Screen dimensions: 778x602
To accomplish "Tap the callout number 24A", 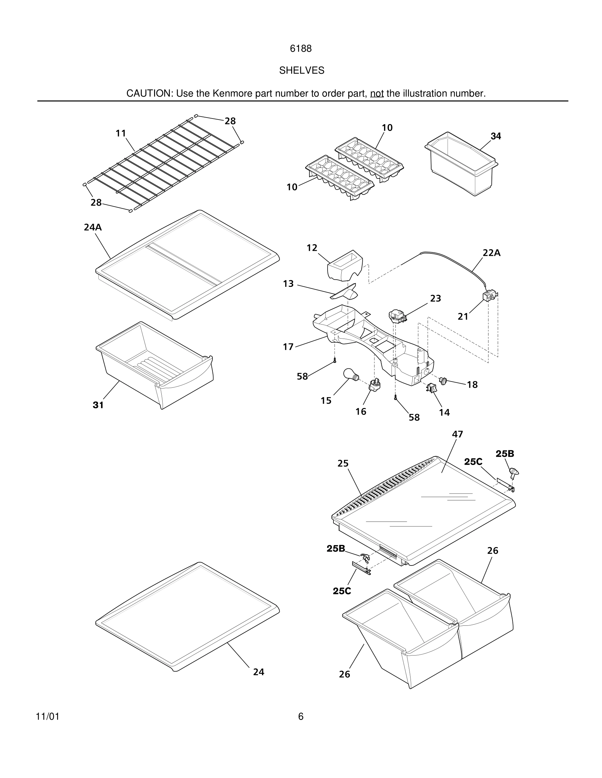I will [93, 227].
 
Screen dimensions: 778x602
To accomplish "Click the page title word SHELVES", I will [301, 70].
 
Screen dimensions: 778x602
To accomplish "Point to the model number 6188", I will [301, 48].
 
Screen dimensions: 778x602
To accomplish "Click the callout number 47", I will [457, 434].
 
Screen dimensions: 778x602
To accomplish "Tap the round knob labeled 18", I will [443, 380].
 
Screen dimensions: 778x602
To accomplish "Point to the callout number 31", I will [98, 405].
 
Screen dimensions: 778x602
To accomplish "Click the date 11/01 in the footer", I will [48, 716].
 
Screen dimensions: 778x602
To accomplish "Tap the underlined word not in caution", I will [377, 93].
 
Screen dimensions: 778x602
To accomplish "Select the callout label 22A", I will [492, 253].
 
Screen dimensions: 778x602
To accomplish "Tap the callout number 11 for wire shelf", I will [121, 133].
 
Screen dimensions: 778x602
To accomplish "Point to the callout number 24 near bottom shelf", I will [259, 672].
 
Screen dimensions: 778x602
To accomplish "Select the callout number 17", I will [288, 347].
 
